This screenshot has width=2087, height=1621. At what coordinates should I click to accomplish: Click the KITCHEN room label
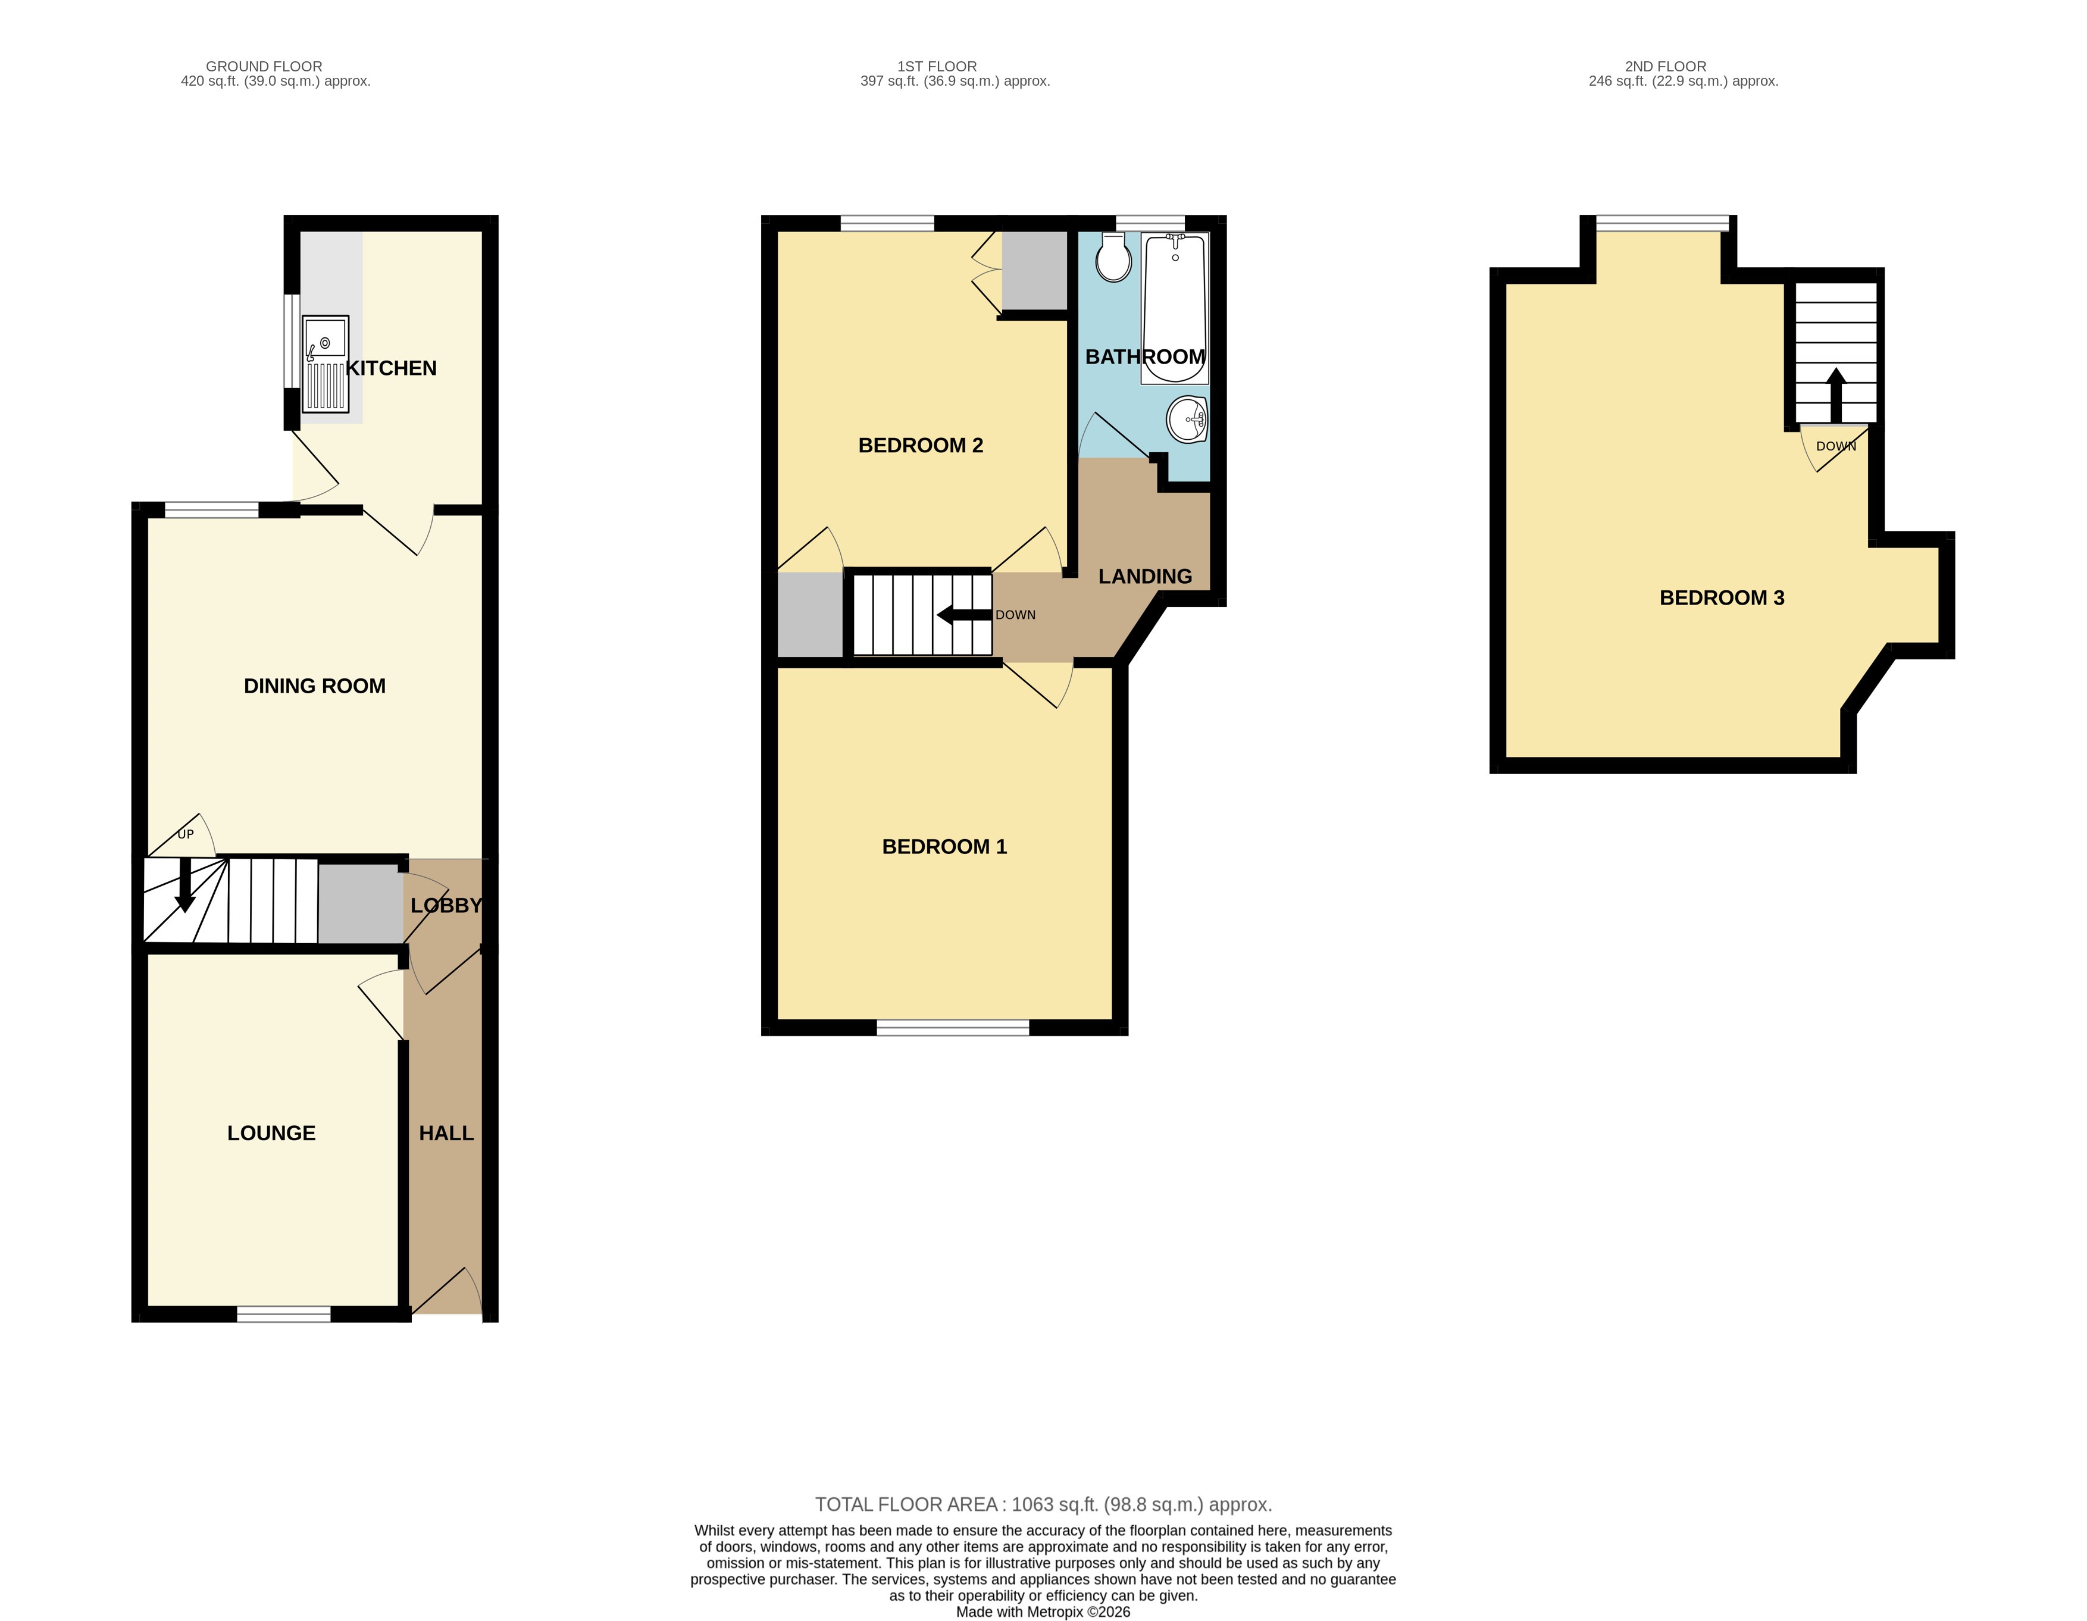click(391, 368)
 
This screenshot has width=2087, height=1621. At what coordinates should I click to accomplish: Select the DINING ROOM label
click(314, 686)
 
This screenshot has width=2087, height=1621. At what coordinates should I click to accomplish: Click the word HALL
click(446, 1132)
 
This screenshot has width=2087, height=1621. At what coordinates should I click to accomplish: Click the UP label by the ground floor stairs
click(186, 834)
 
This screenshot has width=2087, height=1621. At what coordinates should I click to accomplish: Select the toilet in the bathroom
click(1113, 258)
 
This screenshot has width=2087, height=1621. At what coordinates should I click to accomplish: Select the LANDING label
click(1145, 576)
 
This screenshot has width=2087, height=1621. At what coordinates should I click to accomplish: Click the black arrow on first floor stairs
click(965, 615)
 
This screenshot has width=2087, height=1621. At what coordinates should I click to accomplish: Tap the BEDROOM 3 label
click(1722, 598)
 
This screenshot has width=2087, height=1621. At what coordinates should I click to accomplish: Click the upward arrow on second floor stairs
click(1836, 394)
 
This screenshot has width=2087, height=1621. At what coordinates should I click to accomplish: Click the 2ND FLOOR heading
click(1666, 66)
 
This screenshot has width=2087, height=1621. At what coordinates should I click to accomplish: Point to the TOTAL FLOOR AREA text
click(1044, 1504)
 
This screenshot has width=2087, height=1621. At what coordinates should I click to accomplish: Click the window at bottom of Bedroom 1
click(953, 1028)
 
